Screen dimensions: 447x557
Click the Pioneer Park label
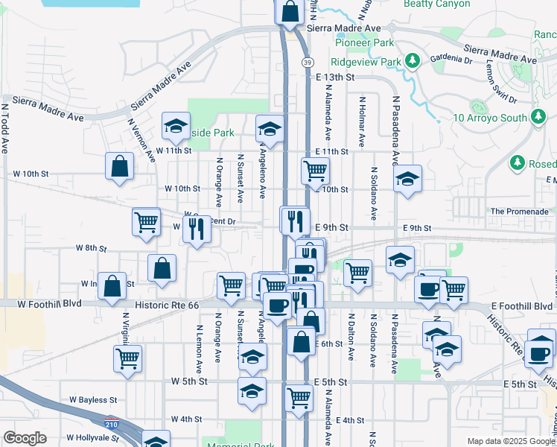pyautogui.click(x=363, y=43)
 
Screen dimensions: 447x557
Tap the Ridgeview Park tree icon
pyautogui.click(x=410, y=60)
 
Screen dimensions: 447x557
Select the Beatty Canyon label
pyautogui.click(x=436, y=4)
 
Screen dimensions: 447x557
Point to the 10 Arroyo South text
pyautogui.click(x=490, y=118)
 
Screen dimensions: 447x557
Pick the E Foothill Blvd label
pyautogui.click(x=521, y=306)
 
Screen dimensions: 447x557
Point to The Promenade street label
pyautogui.click(x=519, y=212)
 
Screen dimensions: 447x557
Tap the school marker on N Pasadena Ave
pyautogui.click(x=407, y=179)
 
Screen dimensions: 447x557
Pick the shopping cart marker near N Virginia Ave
pyautogui.click(x=128, y=358)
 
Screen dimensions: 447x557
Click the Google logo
pyautogui.click(x=25, y=438)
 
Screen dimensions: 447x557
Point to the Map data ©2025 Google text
pyautogui.click(x=512, y=441)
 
